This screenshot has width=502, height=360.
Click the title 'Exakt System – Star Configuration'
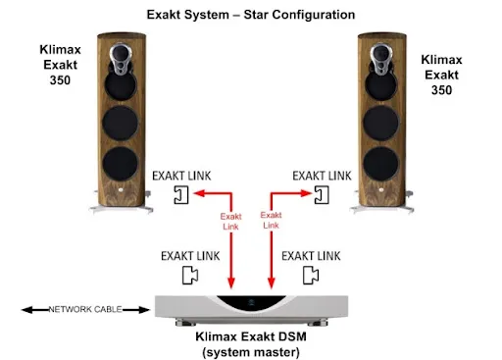251,15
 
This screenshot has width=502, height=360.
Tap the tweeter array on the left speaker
121,59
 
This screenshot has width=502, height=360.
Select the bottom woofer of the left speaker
121,164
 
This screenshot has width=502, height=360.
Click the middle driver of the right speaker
380,124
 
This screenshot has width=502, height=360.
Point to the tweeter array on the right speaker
380,59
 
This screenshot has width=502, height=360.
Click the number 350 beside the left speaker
60,80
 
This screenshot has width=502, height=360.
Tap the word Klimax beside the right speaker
441,60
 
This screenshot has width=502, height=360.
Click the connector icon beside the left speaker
181,195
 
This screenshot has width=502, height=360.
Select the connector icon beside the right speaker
322,195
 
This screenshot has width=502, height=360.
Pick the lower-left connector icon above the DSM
190,276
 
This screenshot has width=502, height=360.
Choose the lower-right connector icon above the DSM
311,276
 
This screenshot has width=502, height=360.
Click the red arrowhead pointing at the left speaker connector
199,193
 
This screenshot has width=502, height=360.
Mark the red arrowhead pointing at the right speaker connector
306,193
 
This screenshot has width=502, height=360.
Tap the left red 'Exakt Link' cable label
230,222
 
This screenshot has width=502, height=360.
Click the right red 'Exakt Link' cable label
271,220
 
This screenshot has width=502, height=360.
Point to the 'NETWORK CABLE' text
85,309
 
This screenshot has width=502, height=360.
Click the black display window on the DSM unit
251,302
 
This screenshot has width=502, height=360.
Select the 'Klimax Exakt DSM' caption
251,336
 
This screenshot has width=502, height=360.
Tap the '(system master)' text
251,352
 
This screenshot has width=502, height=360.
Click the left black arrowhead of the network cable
26,310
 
